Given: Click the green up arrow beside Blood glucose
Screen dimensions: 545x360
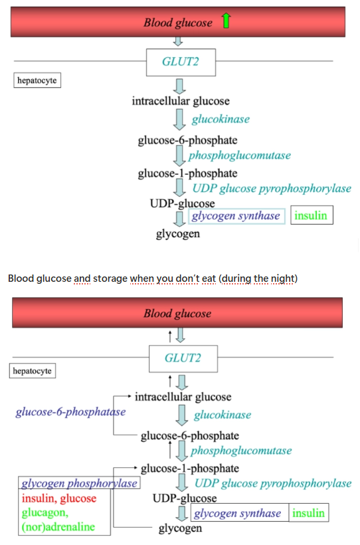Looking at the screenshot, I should point(225,23).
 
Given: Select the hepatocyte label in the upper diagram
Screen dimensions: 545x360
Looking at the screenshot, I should point(37,80).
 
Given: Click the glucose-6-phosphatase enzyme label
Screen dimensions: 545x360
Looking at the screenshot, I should point(70,411).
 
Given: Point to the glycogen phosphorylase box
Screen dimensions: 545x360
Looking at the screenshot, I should point(79,483).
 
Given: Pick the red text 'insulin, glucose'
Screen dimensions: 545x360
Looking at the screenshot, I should point(59,498).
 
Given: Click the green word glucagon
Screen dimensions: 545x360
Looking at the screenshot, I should point(45,512).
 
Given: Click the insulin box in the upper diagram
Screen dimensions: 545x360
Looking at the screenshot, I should point(310,216).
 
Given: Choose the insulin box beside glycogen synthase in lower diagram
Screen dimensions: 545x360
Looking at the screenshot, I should point(309,513).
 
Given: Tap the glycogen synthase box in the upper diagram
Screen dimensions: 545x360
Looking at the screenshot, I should point(236,216).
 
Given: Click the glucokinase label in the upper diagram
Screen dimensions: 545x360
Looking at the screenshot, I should point(221,119).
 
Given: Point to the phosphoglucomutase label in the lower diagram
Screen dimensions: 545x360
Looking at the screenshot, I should point(241,451).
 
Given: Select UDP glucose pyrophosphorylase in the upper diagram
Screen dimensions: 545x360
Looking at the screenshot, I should point(272,188).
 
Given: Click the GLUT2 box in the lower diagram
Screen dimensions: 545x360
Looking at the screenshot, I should point(182,358).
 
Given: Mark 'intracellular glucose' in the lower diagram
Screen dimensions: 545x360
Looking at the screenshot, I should point(183,397).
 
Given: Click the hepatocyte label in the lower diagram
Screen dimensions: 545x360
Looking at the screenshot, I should point(33,371).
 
